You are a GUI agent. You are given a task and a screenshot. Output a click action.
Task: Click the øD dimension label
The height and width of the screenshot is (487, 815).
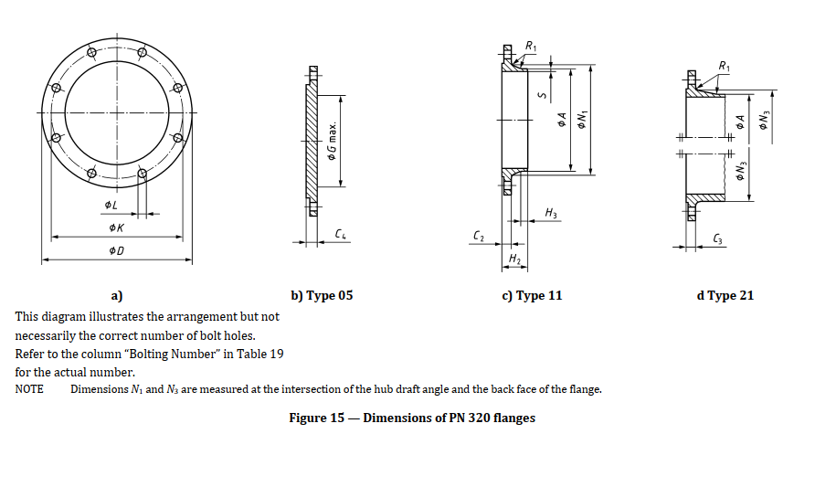pyautogui.click(x=115, y=250)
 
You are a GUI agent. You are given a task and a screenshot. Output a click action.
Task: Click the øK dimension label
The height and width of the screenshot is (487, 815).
pyautogui.click(x=115, y=227)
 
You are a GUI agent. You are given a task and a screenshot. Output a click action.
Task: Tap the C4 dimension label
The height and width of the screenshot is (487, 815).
pyautogui.click(x=341, y=235)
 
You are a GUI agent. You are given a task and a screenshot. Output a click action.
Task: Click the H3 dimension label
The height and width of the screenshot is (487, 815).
pyautogui.click(x=550, y=213)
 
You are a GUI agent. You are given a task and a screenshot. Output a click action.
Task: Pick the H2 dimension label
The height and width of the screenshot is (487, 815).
pyautogui.click(x=514, y=261)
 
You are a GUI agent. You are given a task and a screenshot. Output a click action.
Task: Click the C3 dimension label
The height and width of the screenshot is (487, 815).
pyautogui.click(x=719, y=239)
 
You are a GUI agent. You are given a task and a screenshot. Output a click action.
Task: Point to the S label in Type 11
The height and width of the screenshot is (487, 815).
pyautogui.click(x=541, y=94)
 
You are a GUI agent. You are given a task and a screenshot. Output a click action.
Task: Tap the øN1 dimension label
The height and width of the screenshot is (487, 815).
pyautogui.click(x=580, y=119)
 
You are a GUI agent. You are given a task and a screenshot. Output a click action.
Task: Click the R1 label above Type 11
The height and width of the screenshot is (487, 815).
pyautogui.click(x=532, y=47)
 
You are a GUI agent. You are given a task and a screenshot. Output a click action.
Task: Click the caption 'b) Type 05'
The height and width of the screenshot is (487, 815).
pyautogui.click(x=322, y=295)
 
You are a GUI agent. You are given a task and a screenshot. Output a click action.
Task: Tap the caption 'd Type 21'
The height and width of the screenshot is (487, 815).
pyautogui.click(x=725, y=295)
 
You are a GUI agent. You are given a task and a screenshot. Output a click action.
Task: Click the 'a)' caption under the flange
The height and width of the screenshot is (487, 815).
pyautogui.click(x=116, y=295)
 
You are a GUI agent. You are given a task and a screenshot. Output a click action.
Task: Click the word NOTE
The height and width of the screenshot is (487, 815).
pyautogui.click(x=29, y=390)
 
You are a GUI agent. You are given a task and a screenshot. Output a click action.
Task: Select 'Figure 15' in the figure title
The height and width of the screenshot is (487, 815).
pyautogui.click(x=316, y=418)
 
